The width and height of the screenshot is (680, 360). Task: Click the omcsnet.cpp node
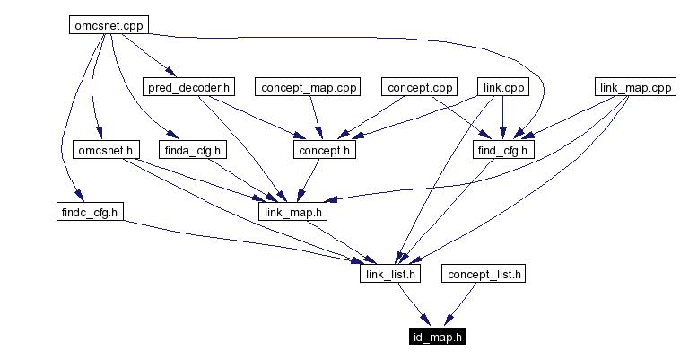point(108,25)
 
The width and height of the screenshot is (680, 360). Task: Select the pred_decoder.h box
point(188,87)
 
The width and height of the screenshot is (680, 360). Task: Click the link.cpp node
point(501,87)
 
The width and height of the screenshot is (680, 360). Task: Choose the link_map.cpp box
point(634,87)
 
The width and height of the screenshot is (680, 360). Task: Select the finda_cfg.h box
point(194,149)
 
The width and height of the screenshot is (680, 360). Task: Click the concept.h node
point(324,149)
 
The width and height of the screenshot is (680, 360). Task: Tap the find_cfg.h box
point(503,149)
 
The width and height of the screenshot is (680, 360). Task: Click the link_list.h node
point(389,274)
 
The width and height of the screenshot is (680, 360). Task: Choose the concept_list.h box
point(483,274)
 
